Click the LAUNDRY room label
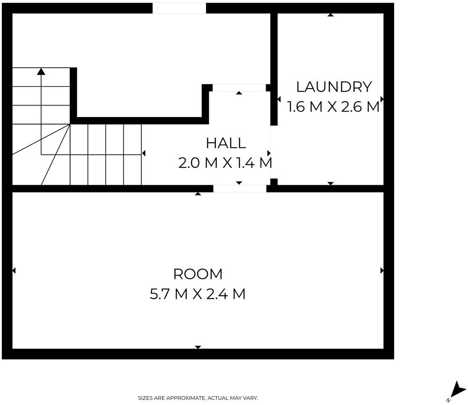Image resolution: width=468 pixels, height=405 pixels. [x=334, y=87]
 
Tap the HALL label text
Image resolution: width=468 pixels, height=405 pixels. [x=226, y=143]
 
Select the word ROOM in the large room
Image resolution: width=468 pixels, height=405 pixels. [x=198, y=274]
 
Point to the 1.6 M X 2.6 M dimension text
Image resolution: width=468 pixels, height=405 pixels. [x=333, y=107]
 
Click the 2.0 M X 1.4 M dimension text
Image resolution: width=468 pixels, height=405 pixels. [x=225, y=163]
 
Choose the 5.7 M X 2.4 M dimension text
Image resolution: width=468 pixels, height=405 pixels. [x=198, y=294]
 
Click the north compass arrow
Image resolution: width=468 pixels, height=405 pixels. [x=457, y=390]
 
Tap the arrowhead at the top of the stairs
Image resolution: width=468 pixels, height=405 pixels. [x=41, y=71]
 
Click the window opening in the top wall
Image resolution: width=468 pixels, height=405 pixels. [x=179, y=8]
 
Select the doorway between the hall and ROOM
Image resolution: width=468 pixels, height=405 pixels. [x=240, y=189]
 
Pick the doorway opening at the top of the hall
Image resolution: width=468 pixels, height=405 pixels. [x=239, y=88]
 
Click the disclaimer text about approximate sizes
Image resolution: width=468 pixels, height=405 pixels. [x=198, y=398]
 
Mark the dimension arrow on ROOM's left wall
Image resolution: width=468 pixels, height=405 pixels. [x=14, y=271]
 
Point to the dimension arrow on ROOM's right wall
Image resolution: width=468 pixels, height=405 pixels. [x=382, y=271]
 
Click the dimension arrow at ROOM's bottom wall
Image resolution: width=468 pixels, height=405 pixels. [x=198, y=347]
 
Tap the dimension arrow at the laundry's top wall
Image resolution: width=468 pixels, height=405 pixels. [x=330, y=15]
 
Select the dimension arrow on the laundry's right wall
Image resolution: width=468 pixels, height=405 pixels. [x=382, y=99]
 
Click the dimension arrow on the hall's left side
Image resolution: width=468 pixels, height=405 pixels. [x=143, y=154]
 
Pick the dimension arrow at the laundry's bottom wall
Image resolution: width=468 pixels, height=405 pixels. [x=330, y=183]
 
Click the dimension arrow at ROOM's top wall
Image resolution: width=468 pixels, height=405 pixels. [x=198, y=194]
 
